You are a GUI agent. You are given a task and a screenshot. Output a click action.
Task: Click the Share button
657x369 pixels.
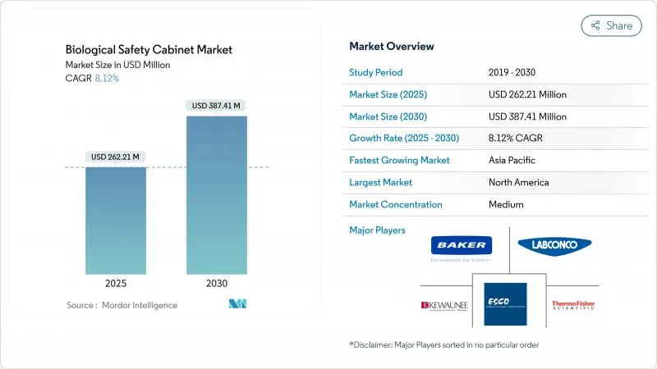tap(611, 25)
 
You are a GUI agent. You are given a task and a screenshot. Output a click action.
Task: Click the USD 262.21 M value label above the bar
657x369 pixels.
tap(116, 157)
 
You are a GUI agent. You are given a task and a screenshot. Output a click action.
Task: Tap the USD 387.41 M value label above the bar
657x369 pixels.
tap(216, 106)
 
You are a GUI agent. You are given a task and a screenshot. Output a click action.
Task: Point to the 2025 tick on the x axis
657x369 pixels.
tap(116, 285)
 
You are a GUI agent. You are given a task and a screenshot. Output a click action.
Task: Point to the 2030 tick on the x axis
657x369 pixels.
tap(216, 285)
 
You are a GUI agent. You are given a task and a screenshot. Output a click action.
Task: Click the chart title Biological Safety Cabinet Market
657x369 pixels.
tap(149, 50)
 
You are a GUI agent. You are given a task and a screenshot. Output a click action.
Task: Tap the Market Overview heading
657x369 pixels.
tap(392, 46)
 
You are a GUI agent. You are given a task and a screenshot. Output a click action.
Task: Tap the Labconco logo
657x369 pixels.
tap(554, 244)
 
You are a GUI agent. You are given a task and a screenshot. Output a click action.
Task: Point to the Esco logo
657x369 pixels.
tap(505, 303)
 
